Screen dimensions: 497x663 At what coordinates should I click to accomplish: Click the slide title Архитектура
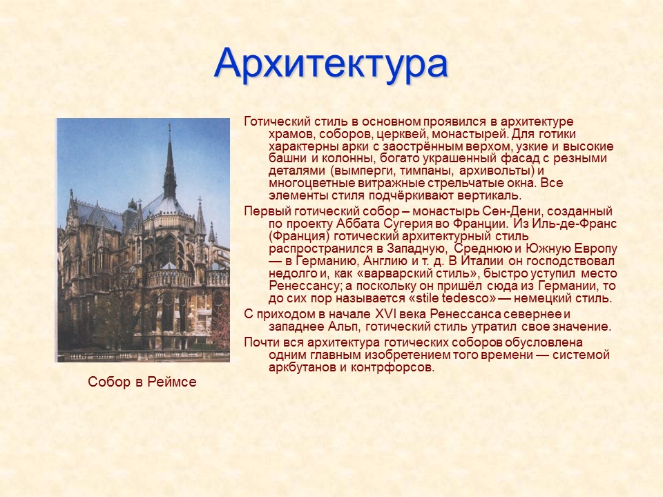331,64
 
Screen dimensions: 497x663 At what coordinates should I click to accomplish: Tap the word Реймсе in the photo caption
173,382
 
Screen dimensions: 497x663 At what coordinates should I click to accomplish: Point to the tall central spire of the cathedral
169,162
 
